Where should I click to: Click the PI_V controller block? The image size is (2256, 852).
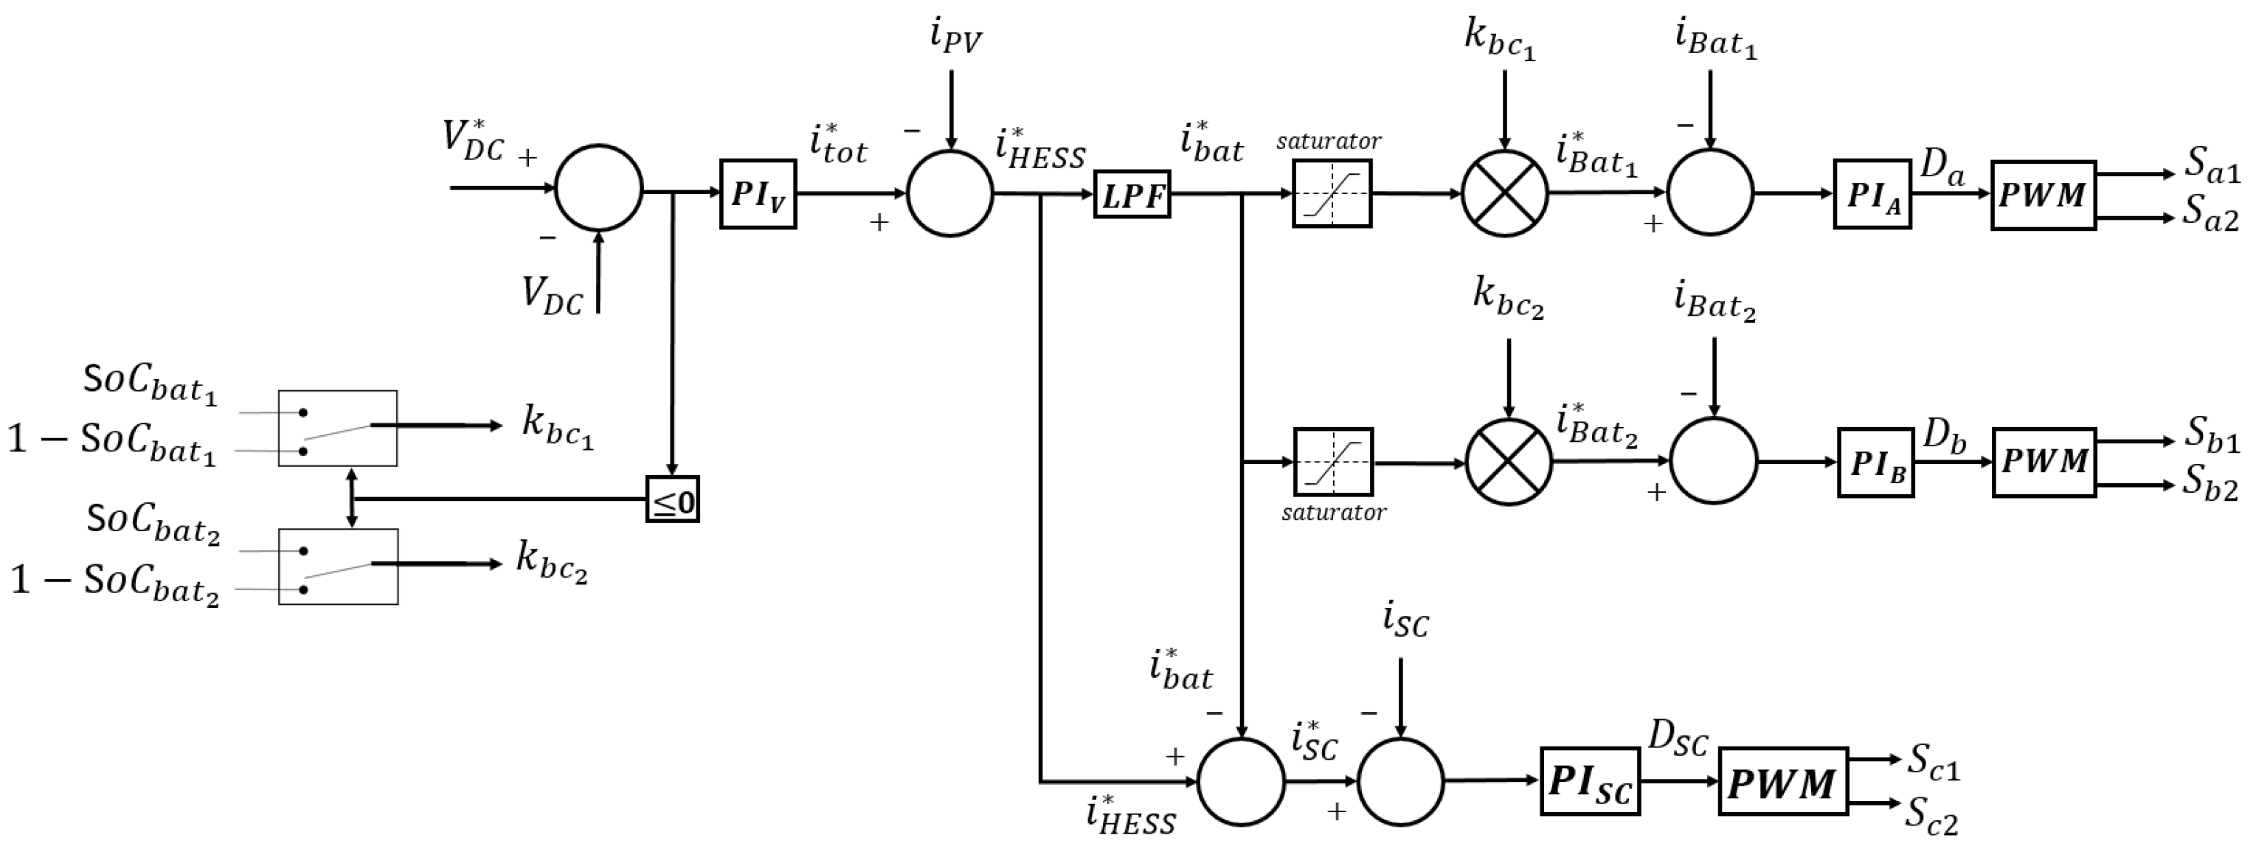tap(758, 195)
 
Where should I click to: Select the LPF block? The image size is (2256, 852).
tap(1132, 195)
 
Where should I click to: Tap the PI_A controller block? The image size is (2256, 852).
tap(1872, 195)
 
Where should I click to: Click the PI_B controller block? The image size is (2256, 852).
tap(1875, 463)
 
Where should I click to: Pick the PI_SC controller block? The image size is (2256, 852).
tap(1590, 781)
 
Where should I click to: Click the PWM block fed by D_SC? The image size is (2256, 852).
tap(1782, 781)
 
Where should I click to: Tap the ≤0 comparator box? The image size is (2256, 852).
tap(672, 500)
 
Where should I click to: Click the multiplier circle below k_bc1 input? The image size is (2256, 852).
tap(1504, 193)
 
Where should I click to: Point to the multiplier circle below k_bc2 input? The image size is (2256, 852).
tap(1508, 462)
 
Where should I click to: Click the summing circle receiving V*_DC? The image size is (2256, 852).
tap(599, 188)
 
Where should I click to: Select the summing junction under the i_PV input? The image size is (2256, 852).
tap(950, 193)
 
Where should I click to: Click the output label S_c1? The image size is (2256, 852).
tap(1933, 763)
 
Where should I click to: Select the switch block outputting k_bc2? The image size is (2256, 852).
tap(338, 567)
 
